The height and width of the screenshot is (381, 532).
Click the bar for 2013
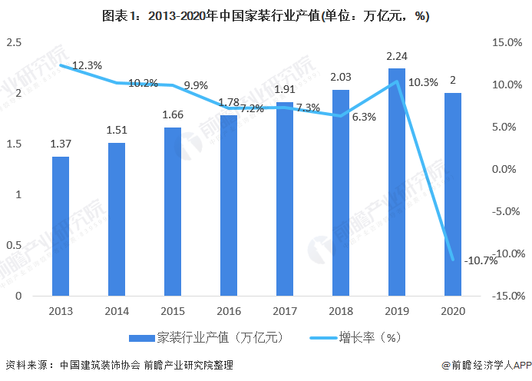(x=61, y=226)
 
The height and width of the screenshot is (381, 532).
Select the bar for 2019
(x=396, y=182)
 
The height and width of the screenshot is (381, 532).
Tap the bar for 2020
(x=453, y=194)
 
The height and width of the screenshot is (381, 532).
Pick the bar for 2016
(x=229, y=205)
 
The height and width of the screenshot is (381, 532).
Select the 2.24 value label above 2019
(x=396, y=56)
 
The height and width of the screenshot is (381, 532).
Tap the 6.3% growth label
(x=364, y=117)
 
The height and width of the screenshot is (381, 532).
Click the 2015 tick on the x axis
(x=173, y=310)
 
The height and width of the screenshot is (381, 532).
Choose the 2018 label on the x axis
(x=341, y=310)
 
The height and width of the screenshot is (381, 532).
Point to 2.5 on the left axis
(x=13, y=42)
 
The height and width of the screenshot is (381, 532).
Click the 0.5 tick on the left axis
(x=13, y=245)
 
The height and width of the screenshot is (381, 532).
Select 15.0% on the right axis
(x=505, y=42)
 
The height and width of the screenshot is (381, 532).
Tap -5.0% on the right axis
(x=505, y=211)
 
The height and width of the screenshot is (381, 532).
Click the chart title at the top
(x=266, y=17)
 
